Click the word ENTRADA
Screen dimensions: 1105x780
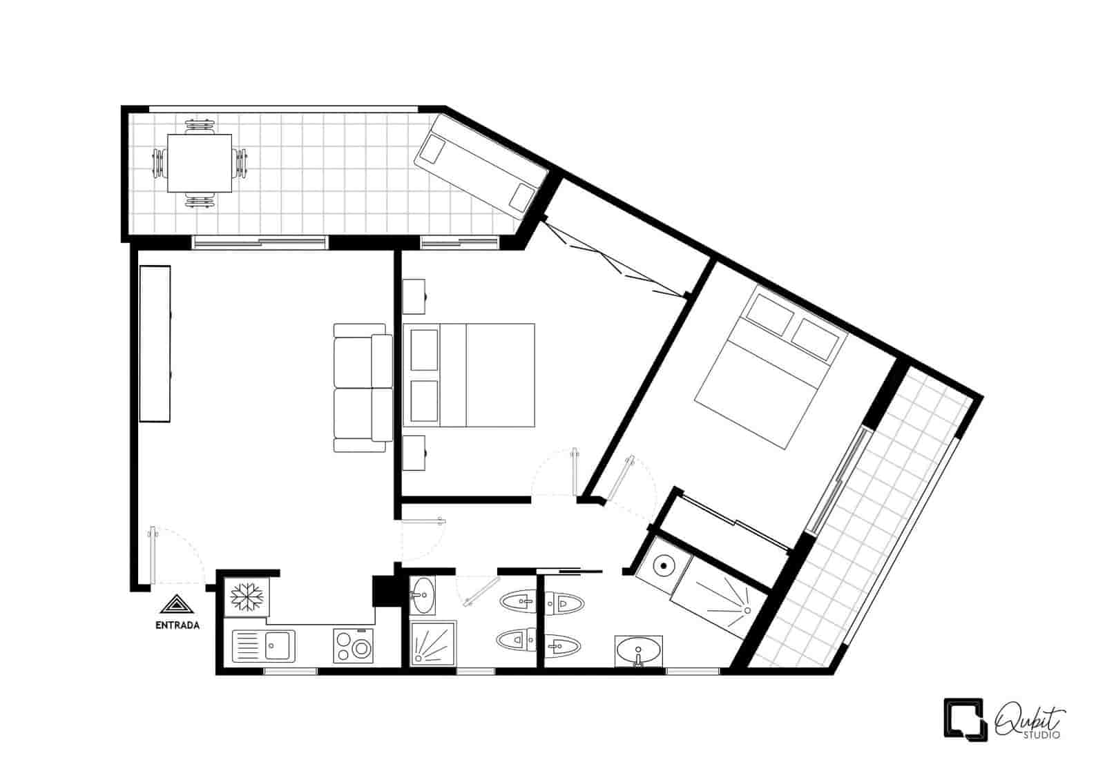click(x=177, y=625)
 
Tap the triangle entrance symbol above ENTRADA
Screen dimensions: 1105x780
click(x=177, y=605)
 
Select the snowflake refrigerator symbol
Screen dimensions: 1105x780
click(x=247, y=597)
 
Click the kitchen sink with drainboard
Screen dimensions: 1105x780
click(x=263, y=646)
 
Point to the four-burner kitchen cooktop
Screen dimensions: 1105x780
click(x=353, y=645)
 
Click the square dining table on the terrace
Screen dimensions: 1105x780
click(x=200, y=163)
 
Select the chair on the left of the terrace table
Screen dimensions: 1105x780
click(x=159, y=163)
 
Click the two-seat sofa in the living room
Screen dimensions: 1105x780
click(x=363, y=387)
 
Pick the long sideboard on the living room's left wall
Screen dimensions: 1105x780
click(x=155, y=344)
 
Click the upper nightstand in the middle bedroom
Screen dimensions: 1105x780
click(x=414, y=296)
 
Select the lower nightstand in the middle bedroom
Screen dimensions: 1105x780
click(x=414, y=453)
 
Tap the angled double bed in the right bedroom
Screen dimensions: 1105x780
click(x=771, y=368)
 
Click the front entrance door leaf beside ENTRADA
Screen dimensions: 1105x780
click(x=153, y=556)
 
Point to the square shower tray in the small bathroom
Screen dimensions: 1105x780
click(x=433, y=643)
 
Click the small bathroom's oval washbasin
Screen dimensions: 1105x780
click(x=422, y=596)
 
